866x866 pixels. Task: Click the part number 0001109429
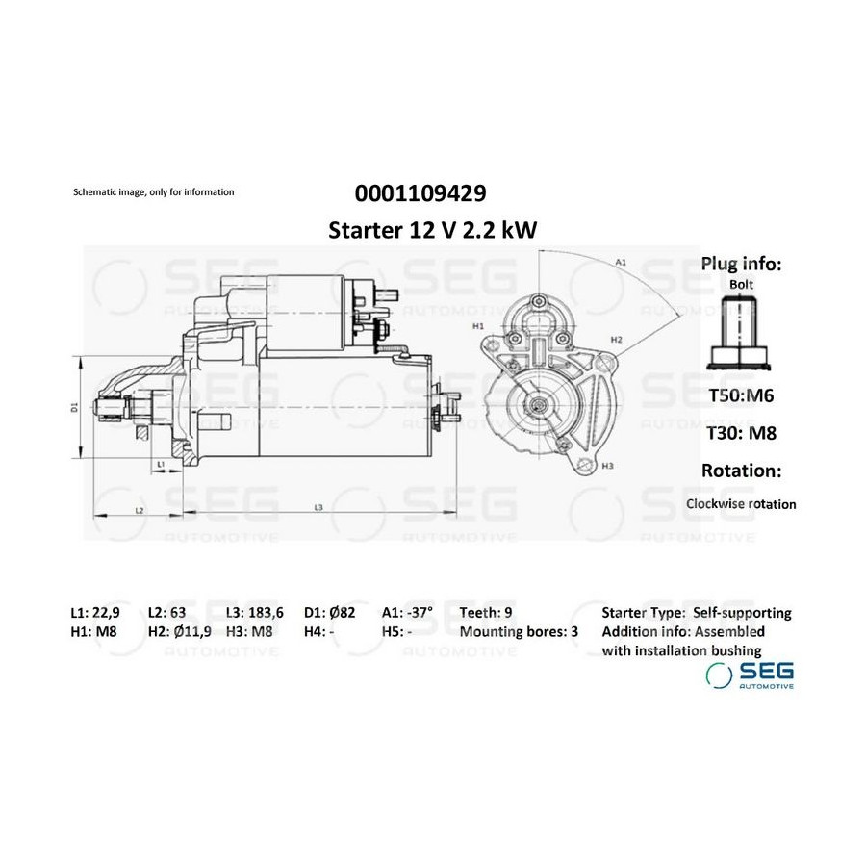(420, 193)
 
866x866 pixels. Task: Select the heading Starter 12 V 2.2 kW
(432, 230)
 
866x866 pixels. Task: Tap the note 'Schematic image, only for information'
(154, 192)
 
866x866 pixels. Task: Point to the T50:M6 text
(741, 395)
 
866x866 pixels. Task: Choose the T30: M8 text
(742, 433)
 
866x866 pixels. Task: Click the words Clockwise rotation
(741, 504)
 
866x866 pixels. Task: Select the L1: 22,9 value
(95, 613)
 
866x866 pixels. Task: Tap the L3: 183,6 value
(255, 613)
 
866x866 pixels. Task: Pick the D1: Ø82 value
(330, 613)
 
